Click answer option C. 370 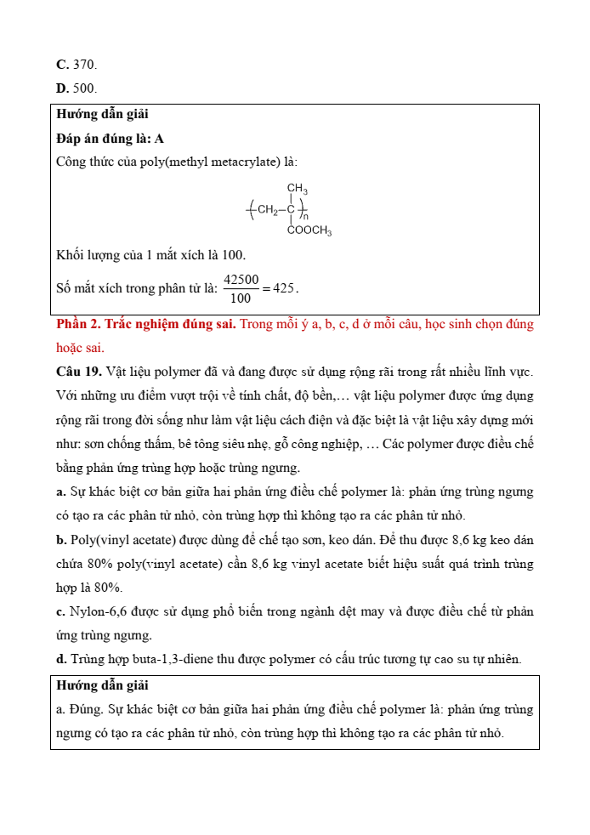pos(77,65)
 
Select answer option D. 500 pos(77,88)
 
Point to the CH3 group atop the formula pos(297,189)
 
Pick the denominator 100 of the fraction pos(241,298)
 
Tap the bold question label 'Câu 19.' pos(79,372)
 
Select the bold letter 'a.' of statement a pos(61,491)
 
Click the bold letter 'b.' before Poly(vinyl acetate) pos(61,540)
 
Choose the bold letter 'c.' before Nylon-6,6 pos(61,611)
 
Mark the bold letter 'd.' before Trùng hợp pos(61,659)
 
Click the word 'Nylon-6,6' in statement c pos(97,611)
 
